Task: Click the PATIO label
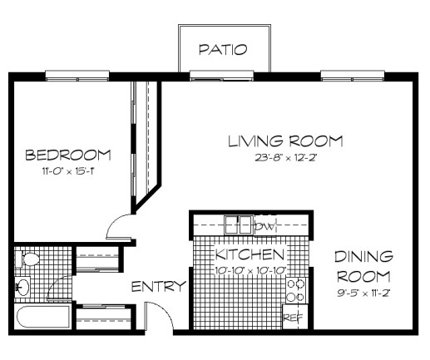pyautogui.click(x=222, y=50)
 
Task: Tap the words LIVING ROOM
pyautogui.click(x=285, y=141)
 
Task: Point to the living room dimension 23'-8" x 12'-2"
pyautogui.click(x=285, y=157)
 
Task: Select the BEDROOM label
pyautogui.click(x=68, y=155)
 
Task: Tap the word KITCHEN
pyautogui.click(x=250, y=254)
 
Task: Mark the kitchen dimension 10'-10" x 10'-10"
pyautogui.click(x=250, y=269)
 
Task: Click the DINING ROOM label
pyautogui.click(x=365, y=265)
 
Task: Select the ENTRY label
pyautogui.click(x=158, y=286)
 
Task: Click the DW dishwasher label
pyautogui.click(x=265, y=226)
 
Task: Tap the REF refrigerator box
pyautogui.click(x=293, y=317)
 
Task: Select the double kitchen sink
pyautogui.click(x=238, y=224)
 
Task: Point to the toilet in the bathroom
pyautogui.click(x=29, y=260)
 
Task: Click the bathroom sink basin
pyautogui.click(x=23, y=288)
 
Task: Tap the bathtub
pyautogui.click(x=42, y=318)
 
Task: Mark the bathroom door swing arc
pyautogui.click(x=60, y=287)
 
